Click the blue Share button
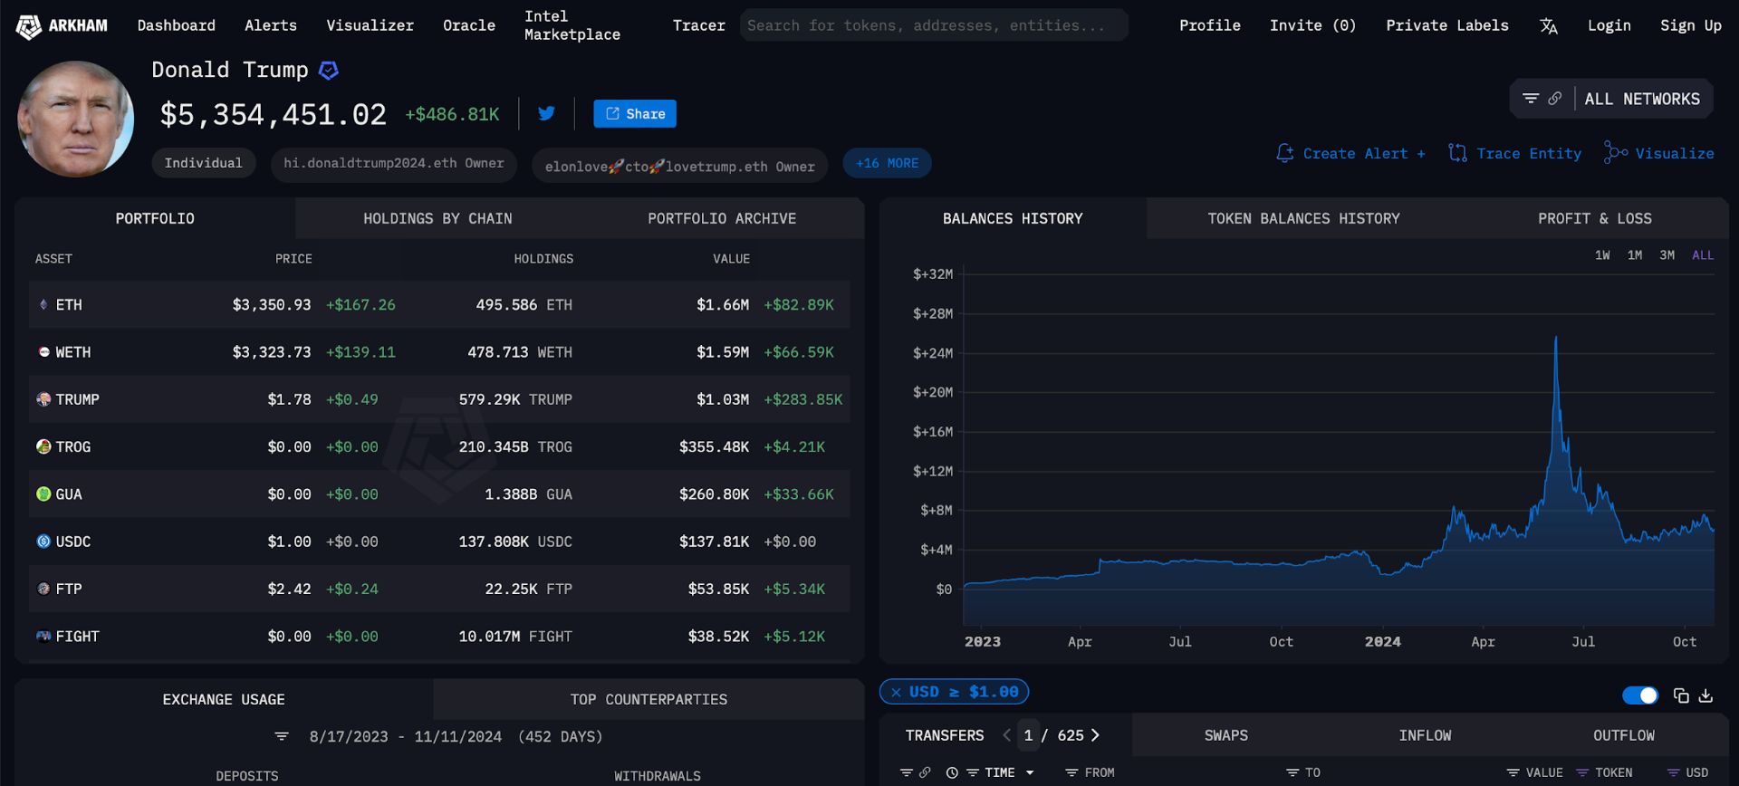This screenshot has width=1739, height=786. [634, 113]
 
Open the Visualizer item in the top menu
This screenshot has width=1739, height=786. [370, 25]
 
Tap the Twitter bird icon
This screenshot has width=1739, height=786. [546, 113]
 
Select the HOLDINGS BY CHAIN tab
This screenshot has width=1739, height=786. [437, 218]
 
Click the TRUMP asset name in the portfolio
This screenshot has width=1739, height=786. [77, 399]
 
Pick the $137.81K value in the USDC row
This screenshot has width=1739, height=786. [714, 542]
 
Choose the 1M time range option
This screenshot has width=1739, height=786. [1635, 255]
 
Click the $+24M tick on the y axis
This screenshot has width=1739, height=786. [933, 353]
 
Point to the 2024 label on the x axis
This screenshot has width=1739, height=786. [1382, 641]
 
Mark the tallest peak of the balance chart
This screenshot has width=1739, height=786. [1556, 338]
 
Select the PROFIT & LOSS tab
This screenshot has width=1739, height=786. [1594, 218]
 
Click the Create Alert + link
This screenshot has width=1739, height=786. [1350, 153]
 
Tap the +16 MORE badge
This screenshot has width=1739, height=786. [887, 163]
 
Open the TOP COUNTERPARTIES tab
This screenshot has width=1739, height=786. [649, 699]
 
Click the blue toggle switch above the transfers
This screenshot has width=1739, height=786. [1640, 695]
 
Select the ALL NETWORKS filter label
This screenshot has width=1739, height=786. [1642, 99]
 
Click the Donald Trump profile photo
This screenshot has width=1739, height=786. [76, 119]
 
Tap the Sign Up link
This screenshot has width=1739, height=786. [1690, 25]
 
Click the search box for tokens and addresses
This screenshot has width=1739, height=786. [934, 25]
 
